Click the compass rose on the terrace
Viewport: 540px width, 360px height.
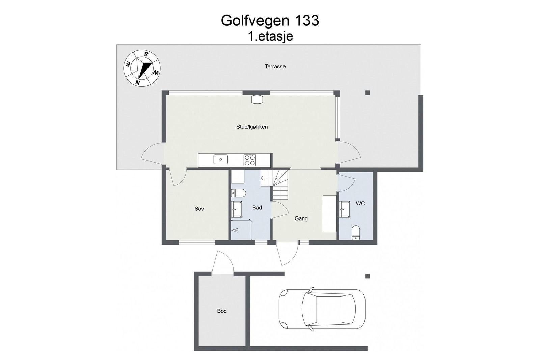(142, 68)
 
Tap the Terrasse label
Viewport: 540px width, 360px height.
(275, 67)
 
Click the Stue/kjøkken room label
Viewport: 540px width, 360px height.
(252, 127)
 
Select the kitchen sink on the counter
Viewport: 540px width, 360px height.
(220, 159)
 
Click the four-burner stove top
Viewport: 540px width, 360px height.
(250, 160)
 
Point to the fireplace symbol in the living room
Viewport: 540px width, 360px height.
(257, 99)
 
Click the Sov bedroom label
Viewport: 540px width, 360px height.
(199, 209)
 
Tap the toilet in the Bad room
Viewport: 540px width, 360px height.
(238, 193)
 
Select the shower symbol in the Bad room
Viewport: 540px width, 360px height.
(235, 230)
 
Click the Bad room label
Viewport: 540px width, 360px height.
(257, 208)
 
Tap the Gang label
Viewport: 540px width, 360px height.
(301, 218)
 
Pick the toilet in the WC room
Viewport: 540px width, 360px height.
(356, 233)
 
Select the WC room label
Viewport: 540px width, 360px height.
(360, 204)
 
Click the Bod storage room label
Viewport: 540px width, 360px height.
(222, 311)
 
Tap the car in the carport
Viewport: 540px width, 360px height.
(322, 309)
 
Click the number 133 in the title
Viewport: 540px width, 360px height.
(307, 21)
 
